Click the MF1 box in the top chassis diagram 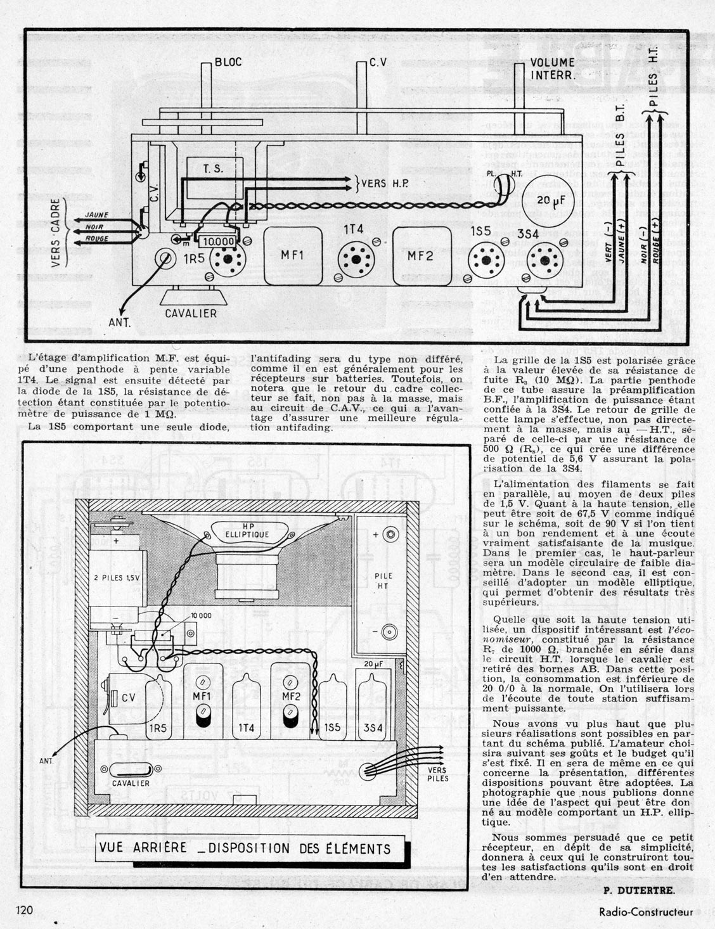293,255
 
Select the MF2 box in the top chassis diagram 422,255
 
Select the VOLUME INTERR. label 553,68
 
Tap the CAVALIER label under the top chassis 191,313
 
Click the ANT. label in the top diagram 119,323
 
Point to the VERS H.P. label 385,183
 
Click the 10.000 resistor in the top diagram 217,241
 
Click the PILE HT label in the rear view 384,581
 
